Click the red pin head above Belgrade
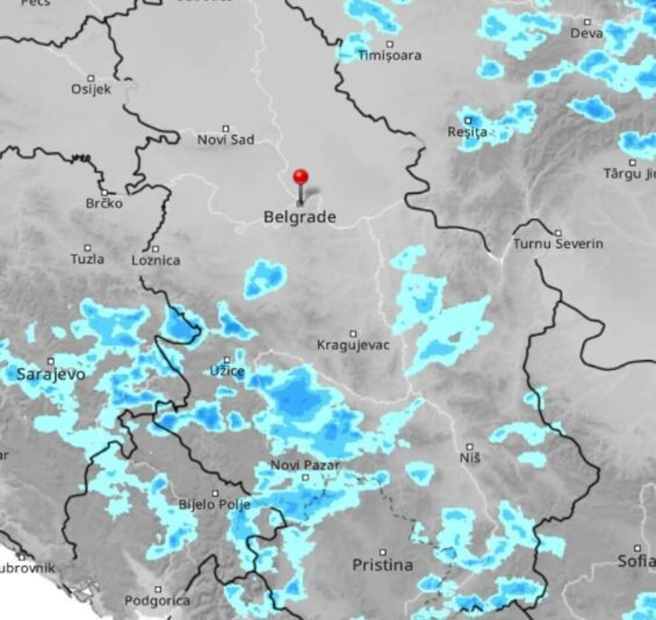(300, 176)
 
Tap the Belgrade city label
(300, 217)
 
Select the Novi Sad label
(226, 140)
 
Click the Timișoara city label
(390, 56)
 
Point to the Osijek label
(91, 89)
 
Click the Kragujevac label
(353, 344)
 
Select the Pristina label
(382, 565)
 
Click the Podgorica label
(157, 600)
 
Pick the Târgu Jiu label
(630, 174)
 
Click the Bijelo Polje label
(215, 505)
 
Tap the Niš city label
(470, 457)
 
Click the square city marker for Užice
(227, 360)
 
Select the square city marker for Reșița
(468, 121)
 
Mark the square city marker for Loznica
(155, 249)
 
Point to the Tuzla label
(87, 259)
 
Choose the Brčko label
(104, 203)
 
